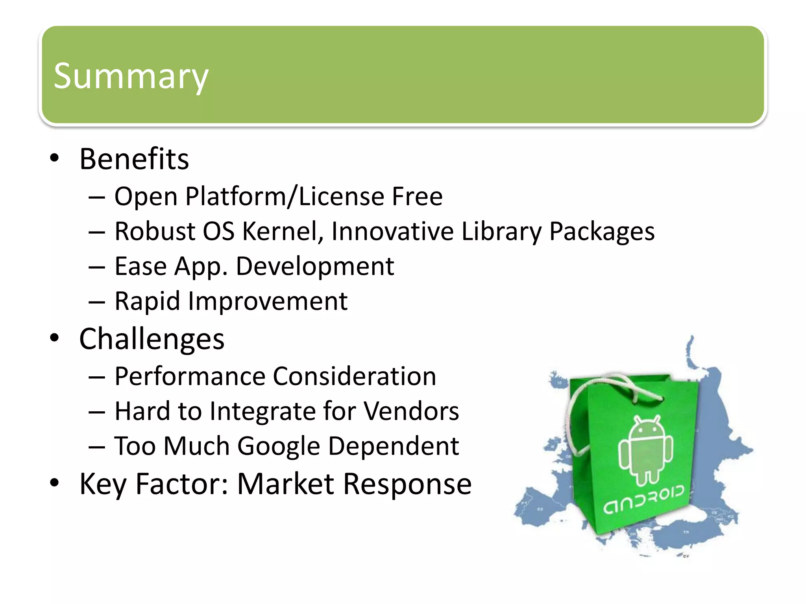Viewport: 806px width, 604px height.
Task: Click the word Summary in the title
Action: tap(131, 76)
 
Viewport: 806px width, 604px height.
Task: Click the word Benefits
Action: tap(134, 159)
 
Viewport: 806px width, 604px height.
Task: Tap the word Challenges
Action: tap(152, 339)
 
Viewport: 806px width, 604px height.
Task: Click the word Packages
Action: tap(602, 231)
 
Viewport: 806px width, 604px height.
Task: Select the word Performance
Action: tap(190, 376)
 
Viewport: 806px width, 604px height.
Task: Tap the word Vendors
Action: tap(411, 411)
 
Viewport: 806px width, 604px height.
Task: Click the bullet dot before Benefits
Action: tap(54, 158)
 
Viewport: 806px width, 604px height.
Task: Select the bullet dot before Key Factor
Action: tap(54, 483)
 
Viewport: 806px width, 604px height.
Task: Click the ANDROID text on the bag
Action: tap(644, 501)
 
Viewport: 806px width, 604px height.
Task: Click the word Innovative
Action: tap(392, 231)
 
